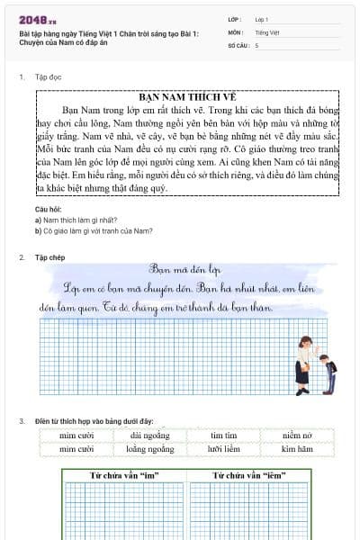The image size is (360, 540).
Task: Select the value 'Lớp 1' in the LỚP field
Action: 262,18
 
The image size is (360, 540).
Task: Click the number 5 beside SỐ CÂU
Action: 257,44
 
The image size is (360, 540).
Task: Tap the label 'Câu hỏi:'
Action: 45,210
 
